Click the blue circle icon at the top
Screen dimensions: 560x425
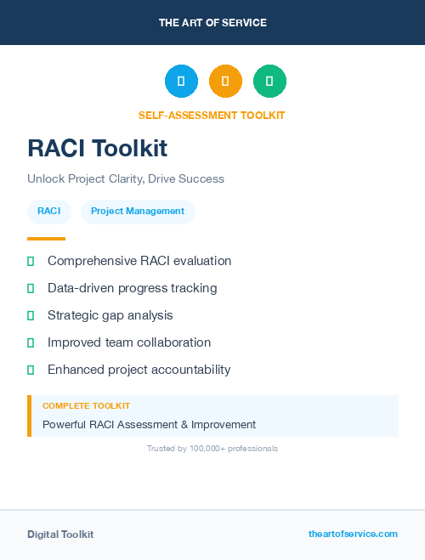click(x=181, y=81)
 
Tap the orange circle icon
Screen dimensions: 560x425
click(x=225, y=81)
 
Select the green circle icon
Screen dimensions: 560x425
click(x=269, y=81)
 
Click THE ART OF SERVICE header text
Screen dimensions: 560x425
click(x=212, y=23)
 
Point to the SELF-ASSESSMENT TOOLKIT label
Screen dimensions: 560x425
click(x=212, y=116)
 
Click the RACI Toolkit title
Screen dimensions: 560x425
click(x=97, y=148)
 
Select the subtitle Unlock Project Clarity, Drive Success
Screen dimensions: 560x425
click(x=126, y=179)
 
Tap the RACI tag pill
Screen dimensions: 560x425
click(x=49, y=212)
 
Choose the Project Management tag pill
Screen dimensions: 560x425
click(x=138, y=212)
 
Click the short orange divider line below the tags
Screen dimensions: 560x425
click(x=46, y=239)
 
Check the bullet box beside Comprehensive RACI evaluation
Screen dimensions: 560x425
click(x=31, y=261)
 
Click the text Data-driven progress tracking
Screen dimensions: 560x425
click(x=132, y=288)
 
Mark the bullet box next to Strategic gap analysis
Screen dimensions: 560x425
click(x=31, y=315)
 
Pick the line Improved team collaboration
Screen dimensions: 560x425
click(x=129, y=342)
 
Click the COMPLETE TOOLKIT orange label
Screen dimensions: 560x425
click(x=86, y=406)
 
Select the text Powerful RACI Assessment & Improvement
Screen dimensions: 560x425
click(x=149, y=424)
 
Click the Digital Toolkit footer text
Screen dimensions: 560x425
click(x=60, y=535)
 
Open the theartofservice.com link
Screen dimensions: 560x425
click(x=353, y=534)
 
